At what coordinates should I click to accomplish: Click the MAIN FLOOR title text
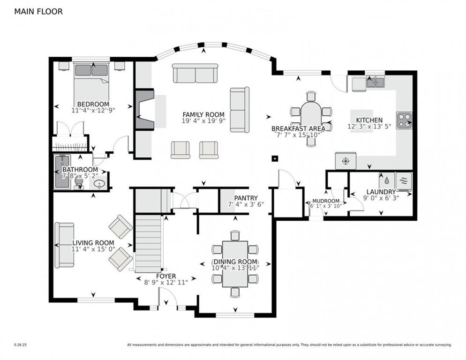pyautogui.click(x=38, y=12)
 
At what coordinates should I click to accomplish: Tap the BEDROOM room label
pyautogui.click(x=93, y=104)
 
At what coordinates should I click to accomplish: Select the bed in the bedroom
pyautogui.click(x=92, y=82)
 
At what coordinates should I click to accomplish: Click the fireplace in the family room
pyautogui.click(x=144, y=109)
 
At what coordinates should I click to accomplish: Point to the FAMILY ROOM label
pyautogui.click(x=203, y=114)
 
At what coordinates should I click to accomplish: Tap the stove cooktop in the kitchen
pyautogui.click(x=404, y=120)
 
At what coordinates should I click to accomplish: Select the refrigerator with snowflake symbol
pyautogui.click(x=346, y=161)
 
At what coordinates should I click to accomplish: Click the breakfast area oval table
pyautogui.click(x=310, y=118)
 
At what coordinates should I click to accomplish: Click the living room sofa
pyautogui.click(x=64, y=245)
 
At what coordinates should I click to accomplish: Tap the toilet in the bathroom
pyautogui.click(x=79, y=182)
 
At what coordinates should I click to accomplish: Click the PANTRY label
pyautogui.click(x=246, y=198)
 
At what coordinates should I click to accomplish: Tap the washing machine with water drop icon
pyautogui.click(x=387, y=180)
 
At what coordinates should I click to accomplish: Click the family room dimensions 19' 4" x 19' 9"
pyautogui.click(x=203, y=120)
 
